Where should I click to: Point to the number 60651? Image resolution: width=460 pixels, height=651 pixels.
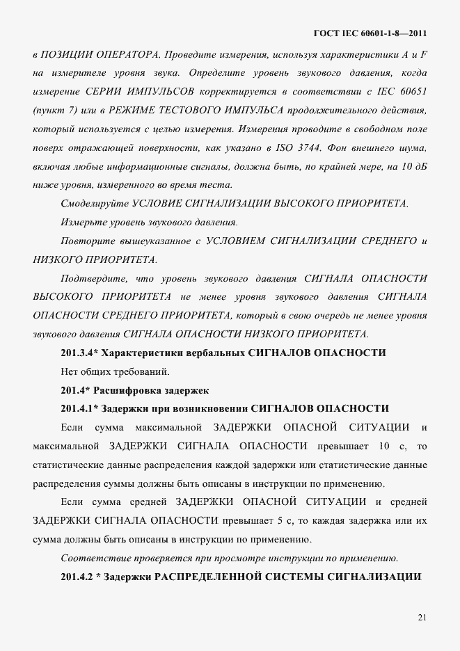[413, 92]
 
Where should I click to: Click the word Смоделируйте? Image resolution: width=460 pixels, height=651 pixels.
[93, 203]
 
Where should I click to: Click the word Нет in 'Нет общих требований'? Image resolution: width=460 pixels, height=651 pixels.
[70, 371]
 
